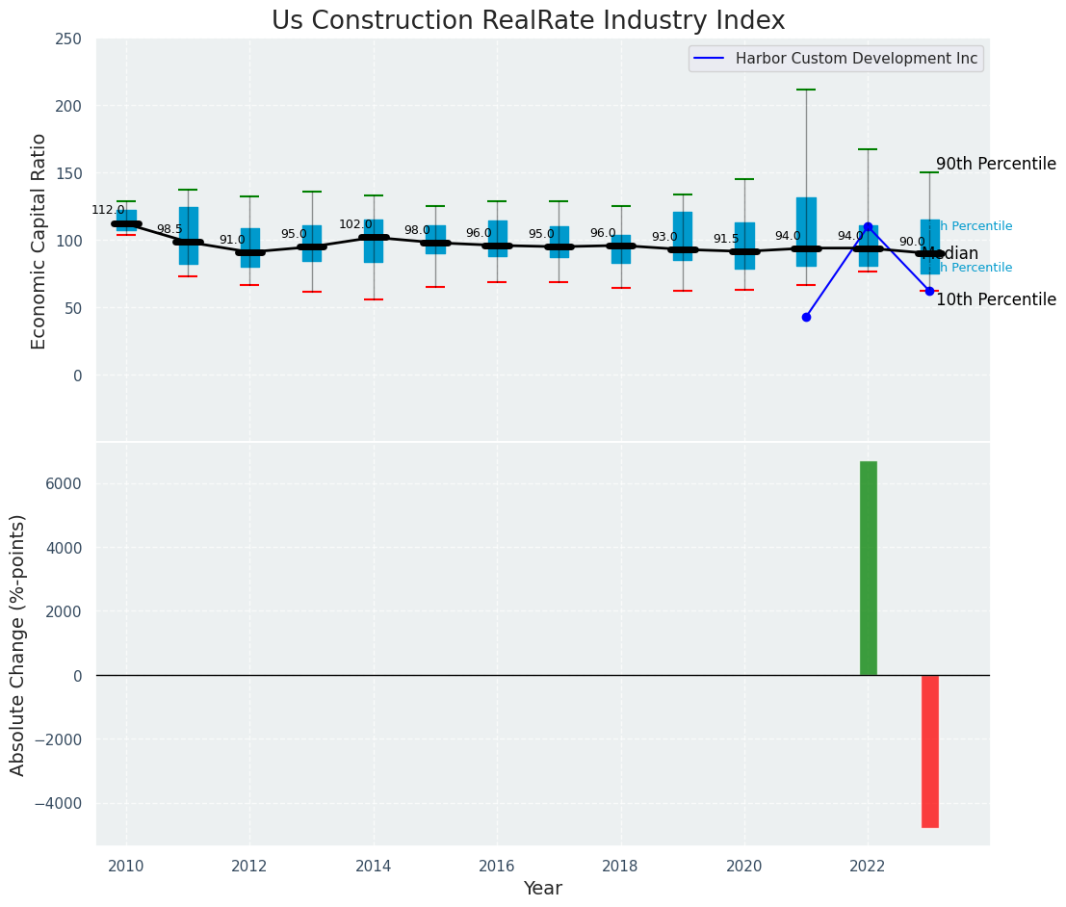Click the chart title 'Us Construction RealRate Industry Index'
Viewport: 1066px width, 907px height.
click(528, 21)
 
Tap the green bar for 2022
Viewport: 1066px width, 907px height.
click(868, 568)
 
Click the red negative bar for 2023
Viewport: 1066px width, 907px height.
click(929, 751)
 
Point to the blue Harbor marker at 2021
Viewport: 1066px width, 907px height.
click(806, 317)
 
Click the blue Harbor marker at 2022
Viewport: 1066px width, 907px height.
click(868, 226)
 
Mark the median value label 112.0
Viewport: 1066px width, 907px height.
click(108, 210)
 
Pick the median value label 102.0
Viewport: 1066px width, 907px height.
click(355, 224)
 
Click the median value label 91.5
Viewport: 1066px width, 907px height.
click(726, 239)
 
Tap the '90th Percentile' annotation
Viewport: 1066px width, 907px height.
click(996, 164)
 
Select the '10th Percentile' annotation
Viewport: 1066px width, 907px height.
click(996, 299)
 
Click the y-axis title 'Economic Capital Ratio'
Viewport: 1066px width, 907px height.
click(39, 241)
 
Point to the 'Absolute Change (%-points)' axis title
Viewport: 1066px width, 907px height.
click(18, 644)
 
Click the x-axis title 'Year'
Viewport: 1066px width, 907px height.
click(542, 888)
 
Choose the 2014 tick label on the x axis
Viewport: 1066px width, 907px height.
click(374, 866)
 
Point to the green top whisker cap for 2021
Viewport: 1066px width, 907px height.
click(806, 90)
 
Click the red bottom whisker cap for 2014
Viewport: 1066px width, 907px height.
click(374, 299)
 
